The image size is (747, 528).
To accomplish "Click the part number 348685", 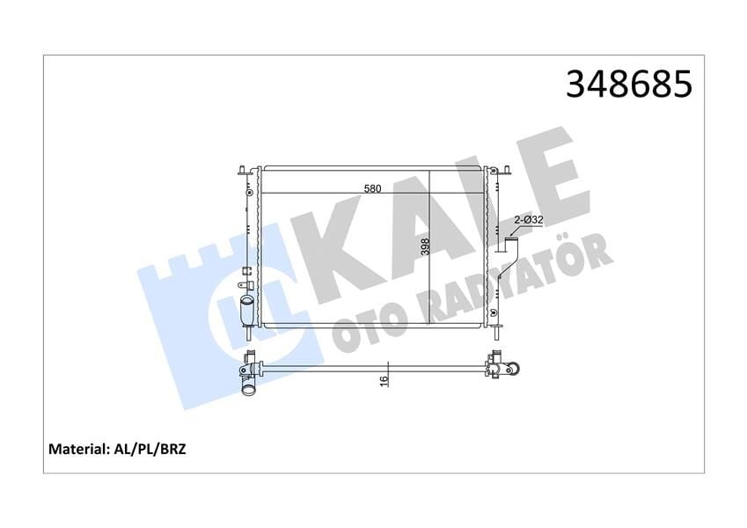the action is tap(628, 84).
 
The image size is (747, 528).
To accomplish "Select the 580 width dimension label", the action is tap(372, 188).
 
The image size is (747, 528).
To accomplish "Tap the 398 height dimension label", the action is tap(425, 246).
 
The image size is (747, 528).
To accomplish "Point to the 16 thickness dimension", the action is tap(384, 380).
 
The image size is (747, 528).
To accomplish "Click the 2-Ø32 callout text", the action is tap(529, 220).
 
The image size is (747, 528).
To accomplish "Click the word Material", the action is tap(77, 449).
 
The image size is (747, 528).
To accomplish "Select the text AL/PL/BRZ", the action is tap(149, 449).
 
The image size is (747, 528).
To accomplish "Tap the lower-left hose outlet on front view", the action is tap(246, 310).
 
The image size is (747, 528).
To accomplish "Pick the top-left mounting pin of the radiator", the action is tap(243, 170).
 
